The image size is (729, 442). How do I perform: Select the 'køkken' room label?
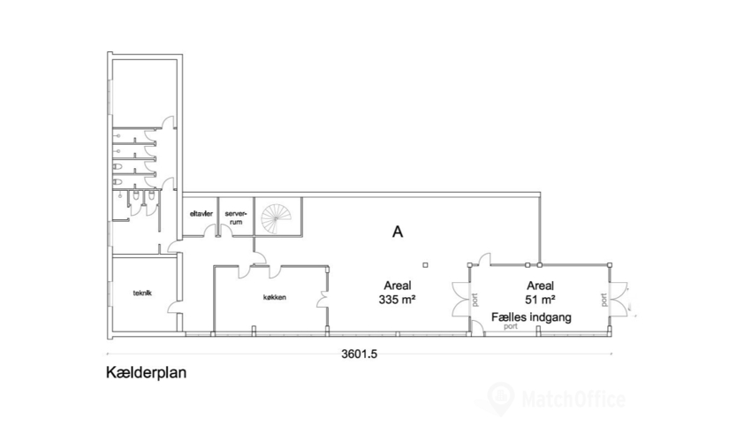coord(274,298)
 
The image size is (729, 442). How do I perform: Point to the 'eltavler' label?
coord(201,213)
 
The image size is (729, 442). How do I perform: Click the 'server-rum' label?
coord(235,217)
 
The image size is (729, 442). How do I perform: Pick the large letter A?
coord(398,232)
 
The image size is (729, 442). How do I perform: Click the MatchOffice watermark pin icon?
coord(501,397)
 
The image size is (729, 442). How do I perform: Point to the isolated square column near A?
coord(425,263)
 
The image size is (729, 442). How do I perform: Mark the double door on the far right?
coord(621,299)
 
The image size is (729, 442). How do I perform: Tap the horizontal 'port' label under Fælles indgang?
coord(510,325)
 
